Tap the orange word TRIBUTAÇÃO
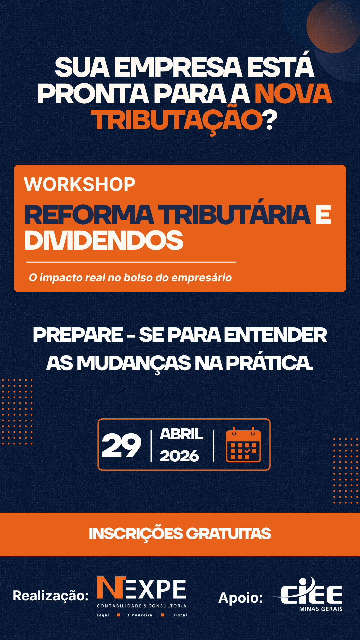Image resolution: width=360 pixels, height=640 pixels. pos(177,120)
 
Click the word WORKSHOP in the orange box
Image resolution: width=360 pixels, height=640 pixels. pos(80,184)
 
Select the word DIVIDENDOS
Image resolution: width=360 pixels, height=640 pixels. pos(104,240)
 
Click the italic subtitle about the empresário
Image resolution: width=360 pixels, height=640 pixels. pos(130,278)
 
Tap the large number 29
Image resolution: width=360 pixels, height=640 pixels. pos(121,445)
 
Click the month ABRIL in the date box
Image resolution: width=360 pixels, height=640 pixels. pos(182,434)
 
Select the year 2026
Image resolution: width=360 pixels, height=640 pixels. pos(179,456)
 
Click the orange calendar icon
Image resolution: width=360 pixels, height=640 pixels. pos(243,445)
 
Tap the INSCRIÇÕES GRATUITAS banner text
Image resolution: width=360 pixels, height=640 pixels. pos(180,534)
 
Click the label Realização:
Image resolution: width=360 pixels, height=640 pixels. pos(51,596)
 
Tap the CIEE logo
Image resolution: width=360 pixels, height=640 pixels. pos(308,594)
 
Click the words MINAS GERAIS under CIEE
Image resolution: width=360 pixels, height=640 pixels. pos(321,609)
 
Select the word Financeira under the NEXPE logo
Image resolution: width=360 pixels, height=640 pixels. pos(140,615)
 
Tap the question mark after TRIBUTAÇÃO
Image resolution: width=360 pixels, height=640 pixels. pos(270,120)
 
